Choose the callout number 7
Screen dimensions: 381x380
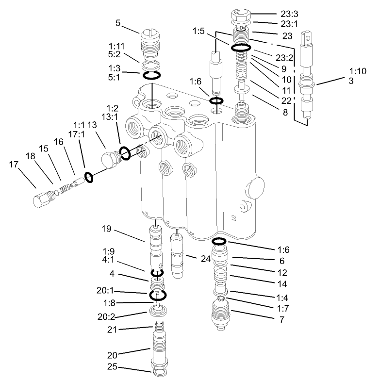[x=281, y=320]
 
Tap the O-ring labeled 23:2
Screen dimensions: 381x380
[x=240, y=48]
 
